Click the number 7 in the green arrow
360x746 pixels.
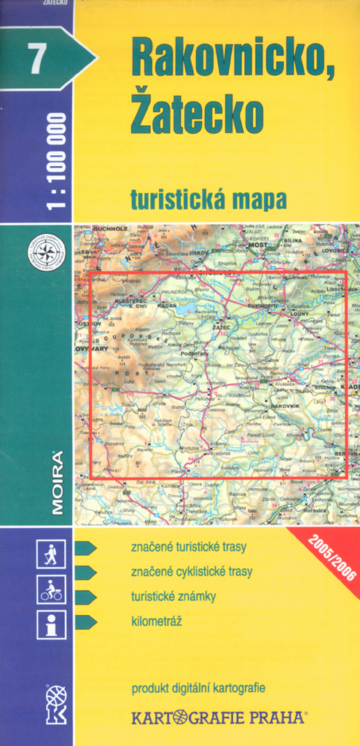click(34, 59)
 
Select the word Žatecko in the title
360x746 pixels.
click(197, 114)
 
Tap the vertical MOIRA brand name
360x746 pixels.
click(57, 483)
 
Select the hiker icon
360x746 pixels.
click(51, 554)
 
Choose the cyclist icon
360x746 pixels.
click(51, 589)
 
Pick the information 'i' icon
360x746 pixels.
click(51, 624)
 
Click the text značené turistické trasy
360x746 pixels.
click(189, 547)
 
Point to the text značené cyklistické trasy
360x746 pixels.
click(192, 572)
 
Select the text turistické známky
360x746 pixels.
click(173, 597)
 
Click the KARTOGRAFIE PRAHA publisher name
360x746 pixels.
click(219, 718)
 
